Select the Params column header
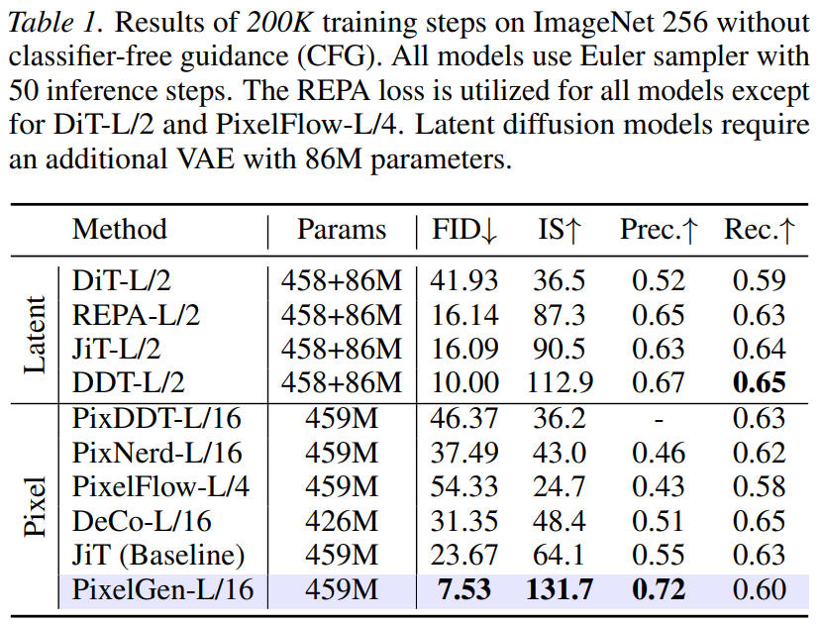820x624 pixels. click(342, 230)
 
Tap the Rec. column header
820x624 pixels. click(758, 230)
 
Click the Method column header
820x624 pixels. click(120, 230)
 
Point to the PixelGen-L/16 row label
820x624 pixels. click(162, 590)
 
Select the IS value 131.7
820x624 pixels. click(560, 590)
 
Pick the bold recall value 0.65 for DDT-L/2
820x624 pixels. click(759, 383)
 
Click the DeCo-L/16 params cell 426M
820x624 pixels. click(342, 521)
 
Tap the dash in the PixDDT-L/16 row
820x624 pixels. click(659, 418)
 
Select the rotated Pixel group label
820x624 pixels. click(36, 505)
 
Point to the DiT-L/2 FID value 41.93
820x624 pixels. click(463, 280)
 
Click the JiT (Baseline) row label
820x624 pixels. click(158, 556)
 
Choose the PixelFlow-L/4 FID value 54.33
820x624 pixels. click(463, 486)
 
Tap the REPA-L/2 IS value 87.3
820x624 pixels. click(560, 315)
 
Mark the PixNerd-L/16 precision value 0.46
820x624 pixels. click(659, 453)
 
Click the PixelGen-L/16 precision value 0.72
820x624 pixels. click(659, 590)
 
